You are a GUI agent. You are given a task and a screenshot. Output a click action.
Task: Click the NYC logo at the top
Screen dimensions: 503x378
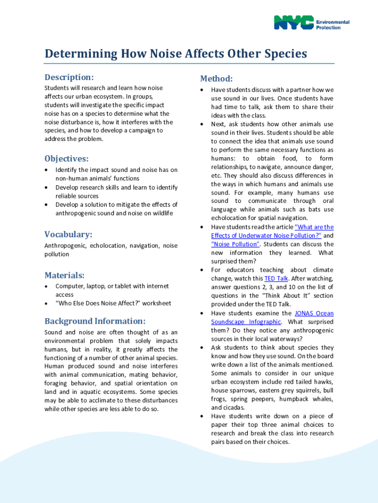point(294,23)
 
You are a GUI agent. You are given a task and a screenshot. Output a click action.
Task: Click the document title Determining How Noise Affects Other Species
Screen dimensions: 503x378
point(176,54)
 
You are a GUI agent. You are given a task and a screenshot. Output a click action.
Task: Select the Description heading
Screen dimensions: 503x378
point(69,78)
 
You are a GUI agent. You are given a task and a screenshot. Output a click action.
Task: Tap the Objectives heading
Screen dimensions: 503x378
point(67,159)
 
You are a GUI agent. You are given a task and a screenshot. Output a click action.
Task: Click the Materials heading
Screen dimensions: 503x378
point(64,275)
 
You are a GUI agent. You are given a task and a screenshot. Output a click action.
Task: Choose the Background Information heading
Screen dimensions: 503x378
point(95,321)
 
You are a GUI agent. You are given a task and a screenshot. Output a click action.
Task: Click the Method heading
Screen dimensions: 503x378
point(216,79)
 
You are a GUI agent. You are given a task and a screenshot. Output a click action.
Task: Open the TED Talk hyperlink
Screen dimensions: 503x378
point(276,279)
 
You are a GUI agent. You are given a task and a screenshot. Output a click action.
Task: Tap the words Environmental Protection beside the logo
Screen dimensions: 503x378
point(332,25)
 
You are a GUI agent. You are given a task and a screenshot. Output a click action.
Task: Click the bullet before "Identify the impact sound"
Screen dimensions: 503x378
point(46,170)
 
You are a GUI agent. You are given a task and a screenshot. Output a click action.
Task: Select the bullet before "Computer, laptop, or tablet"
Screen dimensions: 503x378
point(46,286)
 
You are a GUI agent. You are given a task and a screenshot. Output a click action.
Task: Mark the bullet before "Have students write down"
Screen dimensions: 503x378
point(202,416)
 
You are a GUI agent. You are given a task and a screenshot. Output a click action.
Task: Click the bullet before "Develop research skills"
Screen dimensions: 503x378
point(46,188)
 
